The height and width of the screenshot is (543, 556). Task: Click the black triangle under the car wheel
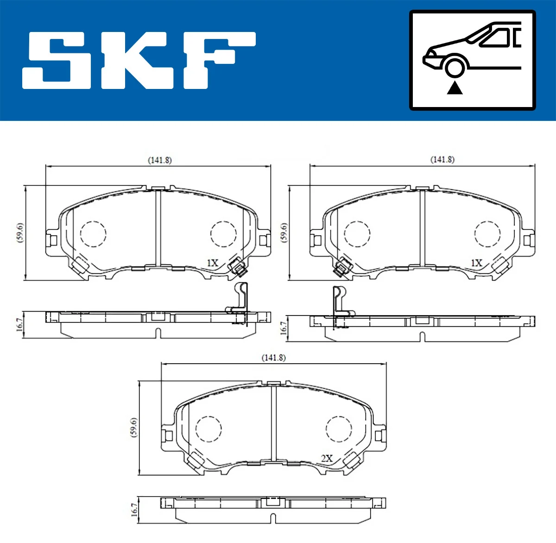coord(455,88)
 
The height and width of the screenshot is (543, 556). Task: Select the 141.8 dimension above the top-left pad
coord(159,160)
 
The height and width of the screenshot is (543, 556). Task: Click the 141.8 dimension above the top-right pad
coord(442,159)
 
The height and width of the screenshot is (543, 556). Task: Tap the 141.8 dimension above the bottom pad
coord(273,358)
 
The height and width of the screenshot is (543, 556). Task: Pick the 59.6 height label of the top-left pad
coord(19,233)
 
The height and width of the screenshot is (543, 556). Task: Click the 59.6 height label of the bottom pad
coord(133,427)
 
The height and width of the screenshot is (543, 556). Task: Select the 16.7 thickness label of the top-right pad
coord(284,328)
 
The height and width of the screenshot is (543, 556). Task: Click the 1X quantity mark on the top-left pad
coord(212,263)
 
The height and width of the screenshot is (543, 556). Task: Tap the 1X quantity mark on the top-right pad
coord(476,263)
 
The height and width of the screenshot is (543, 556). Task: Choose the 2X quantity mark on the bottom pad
coord(327,458)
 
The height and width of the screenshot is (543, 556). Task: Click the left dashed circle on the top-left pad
coord(93,234)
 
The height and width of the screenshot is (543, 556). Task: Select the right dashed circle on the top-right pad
coord(487,234)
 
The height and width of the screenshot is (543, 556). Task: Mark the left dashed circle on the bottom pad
coord(208,429)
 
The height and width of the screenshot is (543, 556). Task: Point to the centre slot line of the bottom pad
coord(273,422)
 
